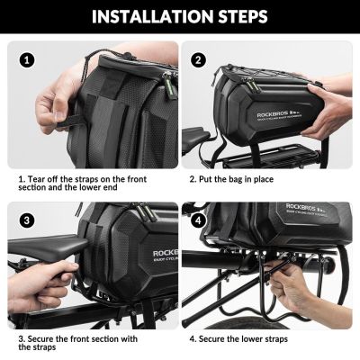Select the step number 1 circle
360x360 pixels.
28,60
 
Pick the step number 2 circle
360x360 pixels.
199,60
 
